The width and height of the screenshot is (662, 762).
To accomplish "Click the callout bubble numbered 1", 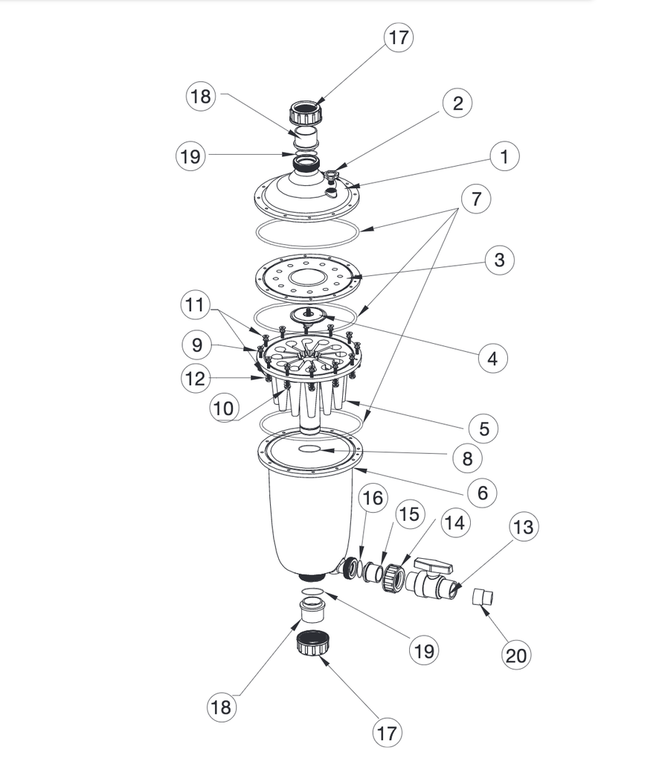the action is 504,156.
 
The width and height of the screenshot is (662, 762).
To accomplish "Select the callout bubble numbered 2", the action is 457,103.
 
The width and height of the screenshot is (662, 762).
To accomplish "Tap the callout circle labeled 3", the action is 499,260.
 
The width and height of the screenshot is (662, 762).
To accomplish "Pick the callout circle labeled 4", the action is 492,359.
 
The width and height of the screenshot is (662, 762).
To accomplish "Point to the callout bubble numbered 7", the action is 476,199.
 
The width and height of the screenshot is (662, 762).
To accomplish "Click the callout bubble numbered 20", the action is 515,655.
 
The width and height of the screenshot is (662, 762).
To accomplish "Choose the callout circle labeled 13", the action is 523,528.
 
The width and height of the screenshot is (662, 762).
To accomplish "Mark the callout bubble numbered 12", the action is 195,377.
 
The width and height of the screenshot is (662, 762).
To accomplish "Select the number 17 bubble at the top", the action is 399,37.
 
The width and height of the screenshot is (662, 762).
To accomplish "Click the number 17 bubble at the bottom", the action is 386,733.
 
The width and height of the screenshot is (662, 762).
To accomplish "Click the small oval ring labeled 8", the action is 309,449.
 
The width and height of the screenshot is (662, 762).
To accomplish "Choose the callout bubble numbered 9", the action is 196,345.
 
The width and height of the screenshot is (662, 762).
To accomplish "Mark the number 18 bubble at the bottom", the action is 222,706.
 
